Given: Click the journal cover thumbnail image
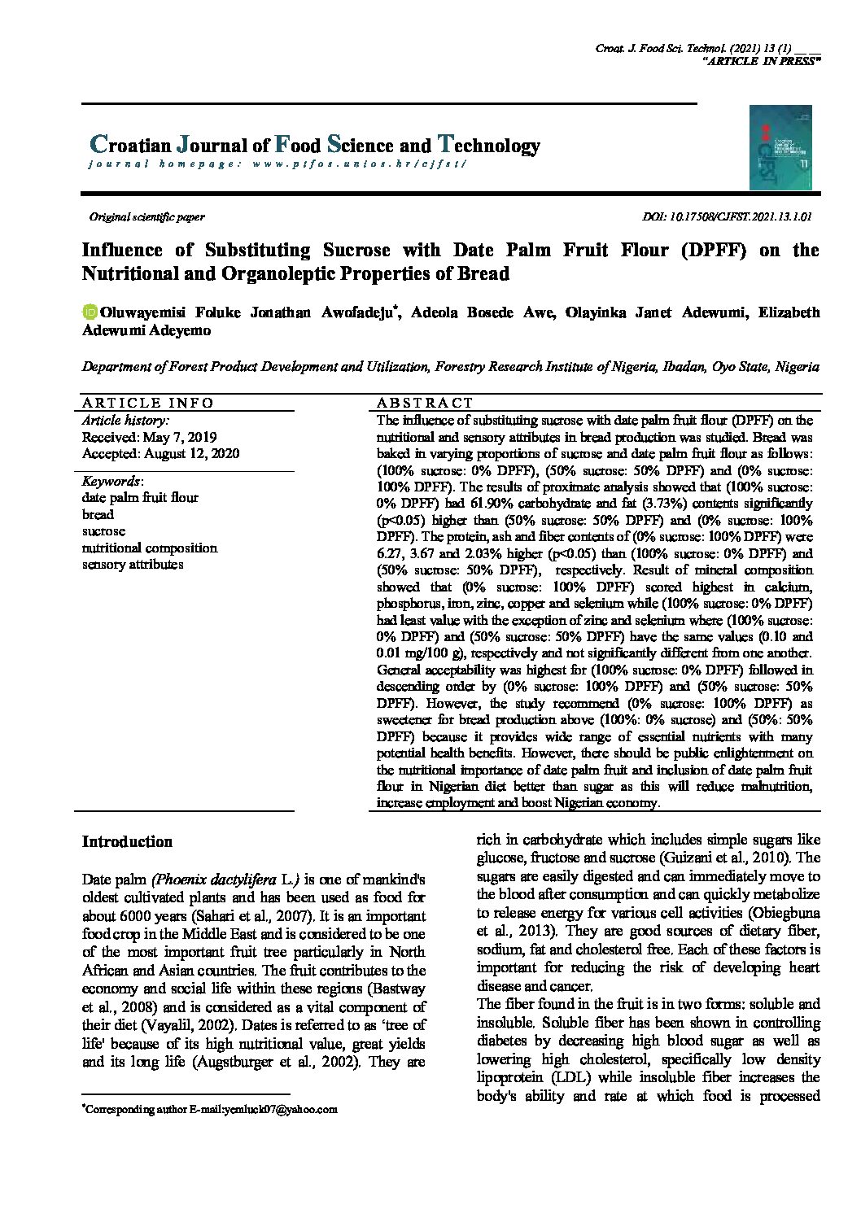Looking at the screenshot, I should pyautogui.click(x=780, y=148).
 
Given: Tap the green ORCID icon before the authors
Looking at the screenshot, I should pyautogui.click(x=90, y=312).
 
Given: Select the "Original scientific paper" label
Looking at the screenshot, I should pyautogui.click(x=146, y=217).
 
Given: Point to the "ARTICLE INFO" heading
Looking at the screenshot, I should pyautogui.click(x=148, y=403).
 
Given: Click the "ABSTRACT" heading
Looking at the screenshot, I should pyautogui.click(x=424, y=403).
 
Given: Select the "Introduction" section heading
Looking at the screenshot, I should pyautogui.click(x=127, y=842).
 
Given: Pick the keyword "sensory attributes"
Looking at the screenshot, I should pyautogui.click(x=133, y=565).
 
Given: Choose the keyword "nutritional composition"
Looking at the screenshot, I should pyautogui.click(x=150, y=548).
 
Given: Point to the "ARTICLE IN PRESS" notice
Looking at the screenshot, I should pyautogui.click(x=760, y=62).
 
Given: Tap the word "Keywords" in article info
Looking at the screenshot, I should pyautogui.click(x=111, y=481).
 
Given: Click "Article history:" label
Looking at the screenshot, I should pyautogui.click(x=125, y=421).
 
